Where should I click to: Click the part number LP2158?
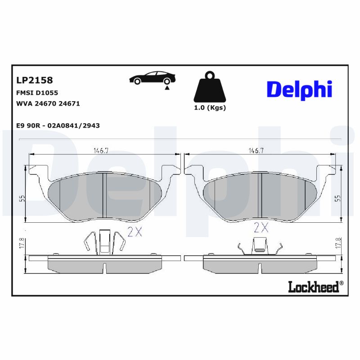point(34,80)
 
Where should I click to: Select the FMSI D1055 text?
point(37,93)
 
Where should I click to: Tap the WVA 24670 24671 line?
point(48,103)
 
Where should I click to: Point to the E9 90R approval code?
point(58,126)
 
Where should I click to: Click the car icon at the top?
point(151,79)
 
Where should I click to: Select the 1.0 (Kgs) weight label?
point(210,108)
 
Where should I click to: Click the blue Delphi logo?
point(299,90)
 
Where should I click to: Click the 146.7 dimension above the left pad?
point(101,151)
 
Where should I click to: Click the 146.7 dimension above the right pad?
point(256,151)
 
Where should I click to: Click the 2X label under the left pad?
point(135,231)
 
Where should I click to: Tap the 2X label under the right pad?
point(261,227)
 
